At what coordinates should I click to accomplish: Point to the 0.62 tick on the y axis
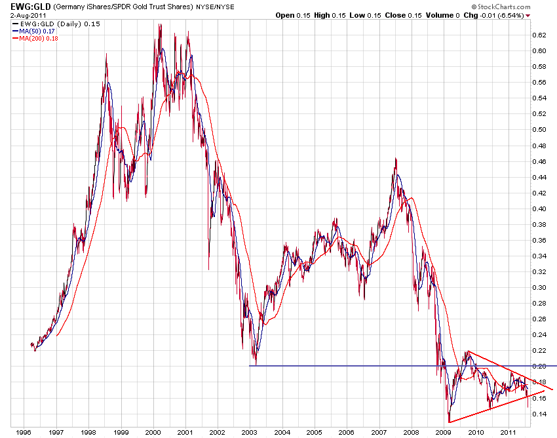click(x=539, y=35)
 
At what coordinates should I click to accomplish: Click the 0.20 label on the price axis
click(x=539, y=366)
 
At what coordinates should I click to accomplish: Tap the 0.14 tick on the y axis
click(x=539, y=414)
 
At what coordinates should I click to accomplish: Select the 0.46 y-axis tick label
click(x=539, y=161)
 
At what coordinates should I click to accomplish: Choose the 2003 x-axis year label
click(x=250, y=433)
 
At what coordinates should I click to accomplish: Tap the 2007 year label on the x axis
click(x=379, y=433)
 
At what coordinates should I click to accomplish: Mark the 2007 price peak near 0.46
click(x=396, y=159)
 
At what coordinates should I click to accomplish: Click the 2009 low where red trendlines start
click(x=449, y=422)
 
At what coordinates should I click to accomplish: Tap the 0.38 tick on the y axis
click(x=539, y=224)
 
